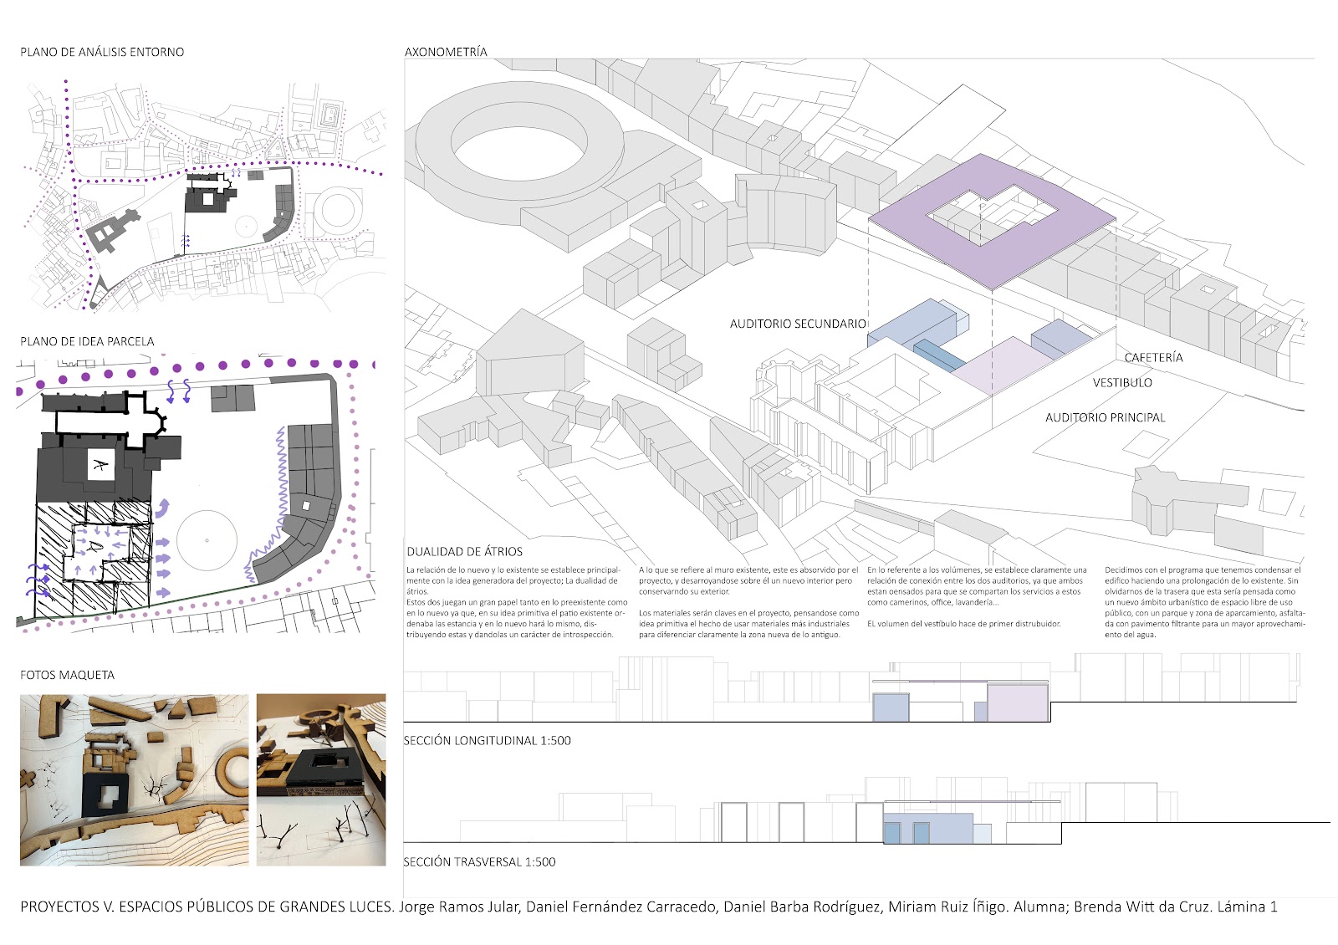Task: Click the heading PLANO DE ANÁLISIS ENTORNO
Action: click(102, 52)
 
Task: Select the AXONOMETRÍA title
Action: click(446, 52)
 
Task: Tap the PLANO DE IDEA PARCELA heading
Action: click(87, 341)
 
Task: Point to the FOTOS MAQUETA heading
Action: click(67, 675)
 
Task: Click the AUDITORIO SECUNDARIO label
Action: click(797, 324)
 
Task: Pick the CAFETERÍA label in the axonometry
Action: click(1153, 358)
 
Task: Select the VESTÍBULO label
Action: click(1121, 383)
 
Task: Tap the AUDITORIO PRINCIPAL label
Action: click(1105, 417)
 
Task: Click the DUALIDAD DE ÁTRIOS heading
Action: click(464, 552)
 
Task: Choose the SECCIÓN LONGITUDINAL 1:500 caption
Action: click(487, 740)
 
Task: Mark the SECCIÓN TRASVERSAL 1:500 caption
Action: click(479, 862)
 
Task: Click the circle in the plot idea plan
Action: click(207, 541)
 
